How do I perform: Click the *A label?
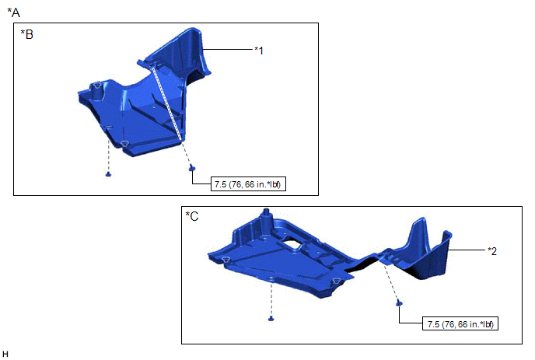[14, 12]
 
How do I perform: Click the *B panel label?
[26, 34]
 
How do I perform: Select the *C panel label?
[192, 216]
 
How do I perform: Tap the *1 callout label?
[259, 51]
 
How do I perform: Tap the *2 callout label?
[492, 251]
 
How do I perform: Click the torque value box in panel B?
[248, 184]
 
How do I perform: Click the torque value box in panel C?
[460, 323]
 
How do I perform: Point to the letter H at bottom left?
[5, 354]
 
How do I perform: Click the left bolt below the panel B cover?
[109, 174]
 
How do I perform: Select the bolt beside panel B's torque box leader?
[192, 167]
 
